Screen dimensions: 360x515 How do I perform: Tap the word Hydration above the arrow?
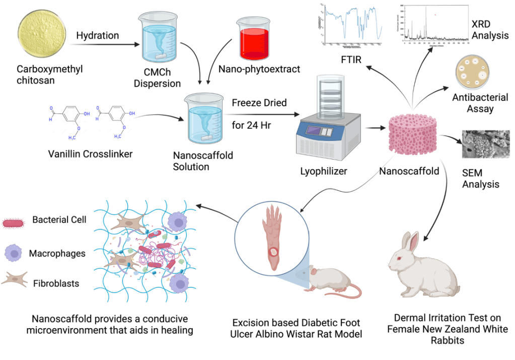click(98, 36)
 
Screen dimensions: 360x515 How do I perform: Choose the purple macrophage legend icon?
click(15, 253)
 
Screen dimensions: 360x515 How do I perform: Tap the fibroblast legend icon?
click(15, 281)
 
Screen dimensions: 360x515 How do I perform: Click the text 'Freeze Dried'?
click(259, 103)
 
